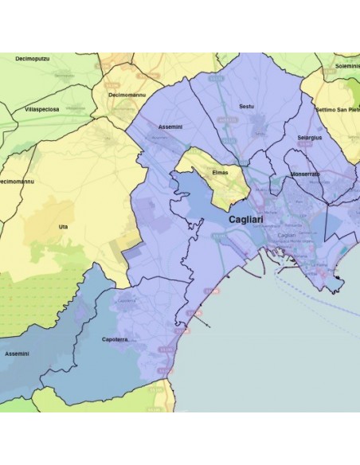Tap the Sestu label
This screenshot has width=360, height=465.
246,105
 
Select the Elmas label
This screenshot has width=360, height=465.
221,171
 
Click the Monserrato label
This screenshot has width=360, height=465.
305,174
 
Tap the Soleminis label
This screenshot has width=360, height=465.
346,66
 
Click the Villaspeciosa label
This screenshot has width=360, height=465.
41,109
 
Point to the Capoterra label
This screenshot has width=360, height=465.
115,340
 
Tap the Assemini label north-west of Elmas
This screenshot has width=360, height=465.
171,127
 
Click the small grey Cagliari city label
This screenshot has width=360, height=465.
286,236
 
